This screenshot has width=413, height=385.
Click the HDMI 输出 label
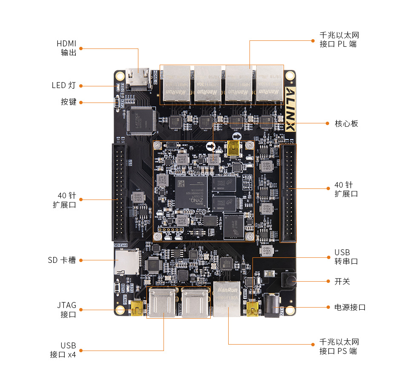point(66,48)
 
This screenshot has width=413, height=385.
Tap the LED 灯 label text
point(64,86)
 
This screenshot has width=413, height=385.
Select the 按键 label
point(69,102)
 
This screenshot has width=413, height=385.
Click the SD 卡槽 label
point(62,260)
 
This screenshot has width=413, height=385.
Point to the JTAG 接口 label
point(66,310)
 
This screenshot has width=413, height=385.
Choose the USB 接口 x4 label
point(63,350)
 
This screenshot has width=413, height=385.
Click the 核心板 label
point(346,123)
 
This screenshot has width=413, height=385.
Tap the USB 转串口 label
point(346,257)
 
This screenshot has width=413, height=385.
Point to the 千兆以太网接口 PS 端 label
point(339,346)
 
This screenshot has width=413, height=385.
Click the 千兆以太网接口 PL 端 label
point(339,40)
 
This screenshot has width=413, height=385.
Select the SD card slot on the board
point(126,262)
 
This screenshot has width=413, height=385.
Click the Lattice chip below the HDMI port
point(140,121)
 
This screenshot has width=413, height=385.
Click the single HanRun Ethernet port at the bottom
point(227,299)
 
